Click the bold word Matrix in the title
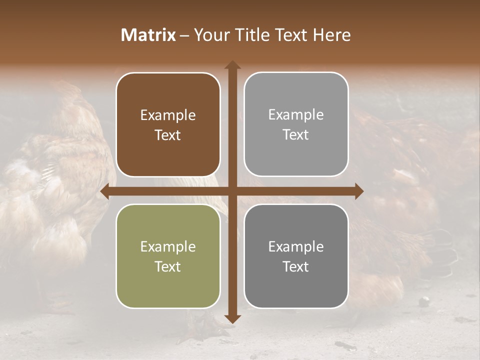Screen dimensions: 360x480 tap(148, 35)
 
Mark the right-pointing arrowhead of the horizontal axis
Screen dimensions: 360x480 tap(358, 191)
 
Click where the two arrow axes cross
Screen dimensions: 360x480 tap(232, 191)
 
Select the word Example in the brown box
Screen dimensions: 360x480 tap(168, 115)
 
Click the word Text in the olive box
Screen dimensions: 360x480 tap(168, 266)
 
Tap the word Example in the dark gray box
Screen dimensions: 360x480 tap(296, 246)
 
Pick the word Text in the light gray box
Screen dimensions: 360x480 tap(296, 135)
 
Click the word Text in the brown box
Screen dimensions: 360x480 tap(168, 135)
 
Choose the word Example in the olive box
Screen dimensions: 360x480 tap(168, 246)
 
